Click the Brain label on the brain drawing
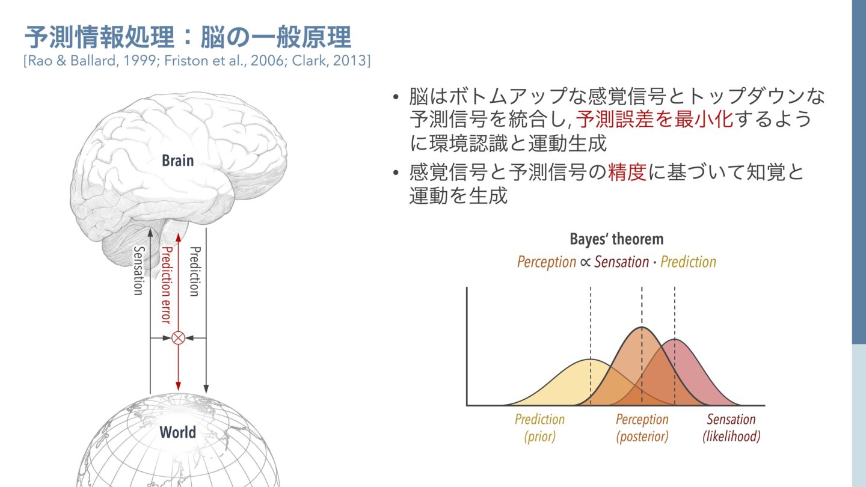177,161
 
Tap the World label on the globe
177,432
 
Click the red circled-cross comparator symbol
178,337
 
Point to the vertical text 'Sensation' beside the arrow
138,271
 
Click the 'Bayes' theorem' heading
616,239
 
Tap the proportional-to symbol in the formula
585,262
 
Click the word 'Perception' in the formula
546,262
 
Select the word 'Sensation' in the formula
621,262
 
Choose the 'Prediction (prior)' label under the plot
539,427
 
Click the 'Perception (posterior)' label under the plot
642,427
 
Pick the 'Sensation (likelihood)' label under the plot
731,427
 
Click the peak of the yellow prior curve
591,360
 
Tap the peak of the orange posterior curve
642,328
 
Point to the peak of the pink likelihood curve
675,340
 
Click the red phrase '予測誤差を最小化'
654,119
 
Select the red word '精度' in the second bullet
627,173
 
